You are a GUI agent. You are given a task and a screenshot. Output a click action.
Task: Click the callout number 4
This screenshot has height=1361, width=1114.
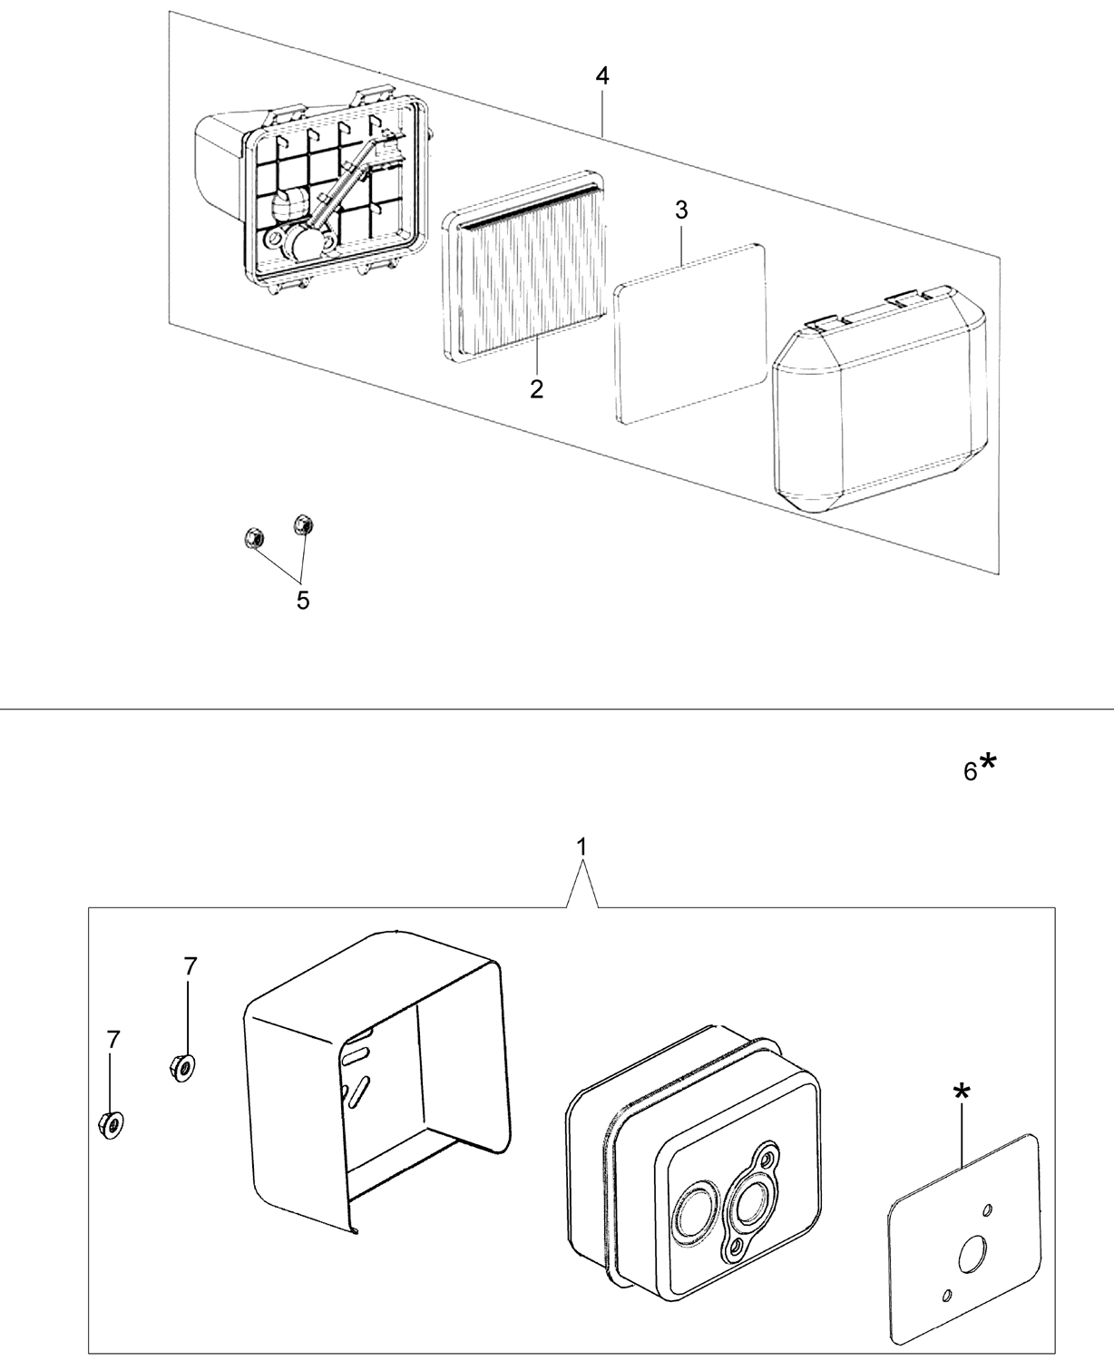coord(601,76)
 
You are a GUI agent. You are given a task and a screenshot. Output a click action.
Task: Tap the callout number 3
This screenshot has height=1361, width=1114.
coord(681,211)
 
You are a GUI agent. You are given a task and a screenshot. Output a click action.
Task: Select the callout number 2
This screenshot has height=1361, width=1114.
coord(536,389)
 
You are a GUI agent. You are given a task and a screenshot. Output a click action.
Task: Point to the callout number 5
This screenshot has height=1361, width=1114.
coord(303,601)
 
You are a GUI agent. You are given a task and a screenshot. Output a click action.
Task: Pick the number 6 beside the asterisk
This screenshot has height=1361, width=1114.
coord(970,772)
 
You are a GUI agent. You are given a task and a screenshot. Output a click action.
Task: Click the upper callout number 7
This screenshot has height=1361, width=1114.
coord(190,984)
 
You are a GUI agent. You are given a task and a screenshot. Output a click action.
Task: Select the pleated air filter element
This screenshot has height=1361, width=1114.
coord(524,265)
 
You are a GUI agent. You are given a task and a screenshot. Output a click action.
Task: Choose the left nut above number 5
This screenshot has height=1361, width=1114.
coord(253,537)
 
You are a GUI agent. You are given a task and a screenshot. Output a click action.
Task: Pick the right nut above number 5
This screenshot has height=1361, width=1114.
coord(303,524)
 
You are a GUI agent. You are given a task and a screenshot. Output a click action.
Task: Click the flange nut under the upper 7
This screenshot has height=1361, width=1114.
coord(182,1067)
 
